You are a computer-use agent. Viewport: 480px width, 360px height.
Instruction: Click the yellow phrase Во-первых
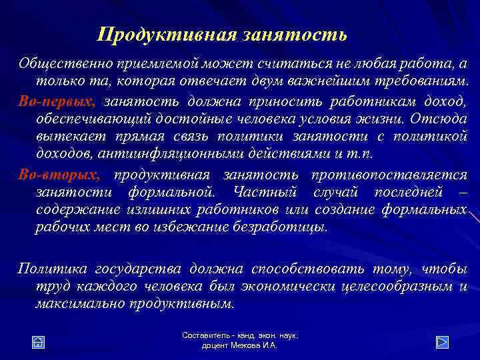click(57, 101)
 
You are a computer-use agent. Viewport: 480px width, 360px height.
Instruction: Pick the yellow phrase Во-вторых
click(59, 175)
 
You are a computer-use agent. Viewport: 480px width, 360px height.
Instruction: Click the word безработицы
click(284, 227)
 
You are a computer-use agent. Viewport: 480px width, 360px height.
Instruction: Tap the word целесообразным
click(394, 287)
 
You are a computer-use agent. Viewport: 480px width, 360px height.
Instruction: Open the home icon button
click(39, 342)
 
